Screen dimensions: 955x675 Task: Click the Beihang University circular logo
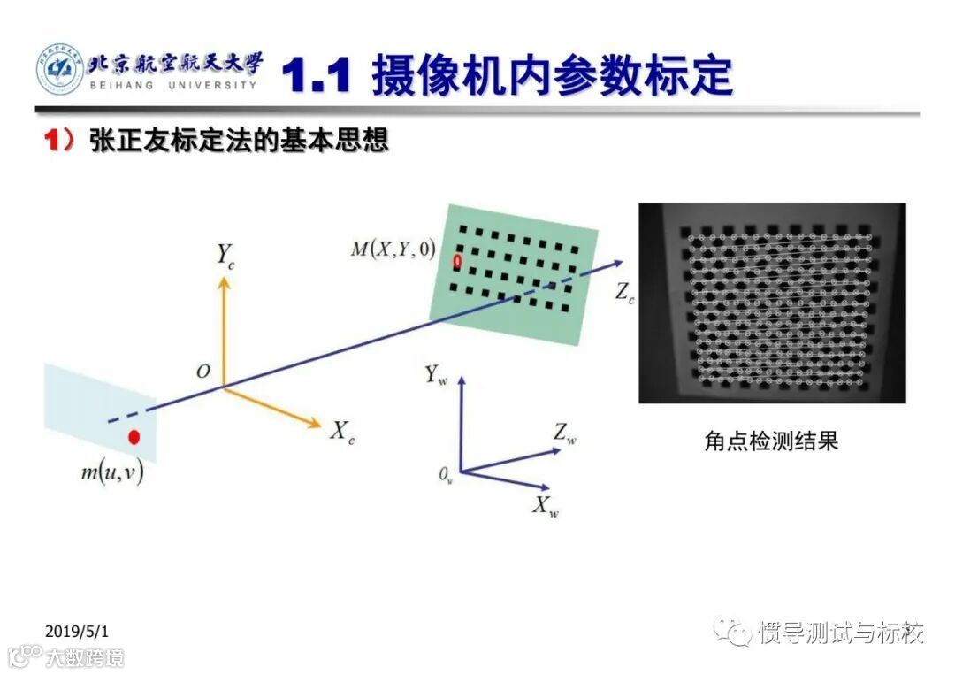[x=59, y=70]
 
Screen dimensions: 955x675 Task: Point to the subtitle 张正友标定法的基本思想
[x=239, y=141]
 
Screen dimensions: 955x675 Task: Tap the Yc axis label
[x=226, y=256]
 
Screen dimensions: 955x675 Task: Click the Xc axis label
[x=342, y=433]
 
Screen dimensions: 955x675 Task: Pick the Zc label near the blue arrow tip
[x=624, y=294]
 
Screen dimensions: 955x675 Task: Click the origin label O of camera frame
[x=203, y=372]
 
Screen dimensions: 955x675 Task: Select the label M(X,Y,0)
[x=393, y=249]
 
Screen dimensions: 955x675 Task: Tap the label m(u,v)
[x=112, y=472]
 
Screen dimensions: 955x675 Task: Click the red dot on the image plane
[x=134, y=437]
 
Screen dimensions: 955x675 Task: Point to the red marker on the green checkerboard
[x=457, y=261]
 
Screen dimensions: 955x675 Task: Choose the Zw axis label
[x=565, y=433]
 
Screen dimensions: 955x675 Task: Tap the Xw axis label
[x=545, y=506]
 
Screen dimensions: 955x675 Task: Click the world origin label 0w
[x=446, y=475]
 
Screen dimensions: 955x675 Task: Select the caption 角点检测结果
[x=770, y=441]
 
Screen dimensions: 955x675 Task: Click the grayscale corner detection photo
[x=772, y=303]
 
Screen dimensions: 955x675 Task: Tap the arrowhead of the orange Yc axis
[x=224, y=281]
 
